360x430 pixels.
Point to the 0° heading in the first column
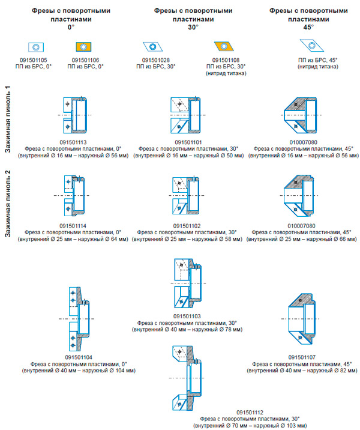pos(70,28)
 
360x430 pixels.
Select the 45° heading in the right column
pos(308,28)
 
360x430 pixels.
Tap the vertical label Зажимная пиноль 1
pos(8,120)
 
